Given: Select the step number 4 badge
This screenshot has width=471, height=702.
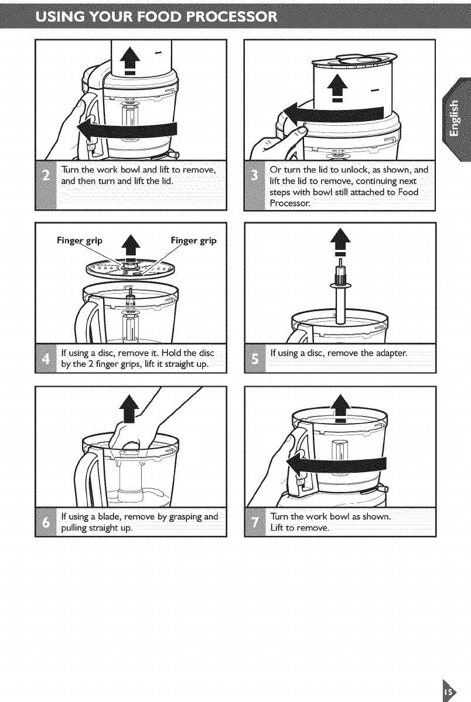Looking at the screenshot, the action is pos(46,358).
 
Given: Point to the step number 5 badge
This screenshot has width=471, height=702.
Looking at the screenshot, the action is pos(255,358).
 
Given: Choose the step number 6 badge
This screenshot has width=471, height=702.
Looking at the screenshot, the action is pos(46,522).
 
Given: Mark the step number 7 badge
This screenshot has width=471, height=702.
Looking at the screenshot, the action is pos(255,522).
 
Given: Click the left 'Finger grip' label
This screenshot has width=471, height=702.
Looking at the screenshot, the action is pos(80,240).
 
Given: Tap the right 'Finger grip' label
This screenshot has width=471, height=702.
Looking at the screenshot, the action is pos(193,240).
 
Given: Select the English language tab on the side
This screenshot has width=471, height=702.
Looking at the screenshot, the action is pos(456,119).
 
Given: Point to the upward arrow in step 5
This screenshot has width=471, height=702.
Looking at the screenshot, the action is pos(340,242).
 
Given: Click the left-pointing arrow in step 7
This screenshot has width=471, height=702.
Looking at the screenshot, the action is pos(336,464).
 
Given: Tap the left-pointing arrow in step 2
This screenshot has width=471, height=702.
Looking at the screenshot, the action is pos(127,129).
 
